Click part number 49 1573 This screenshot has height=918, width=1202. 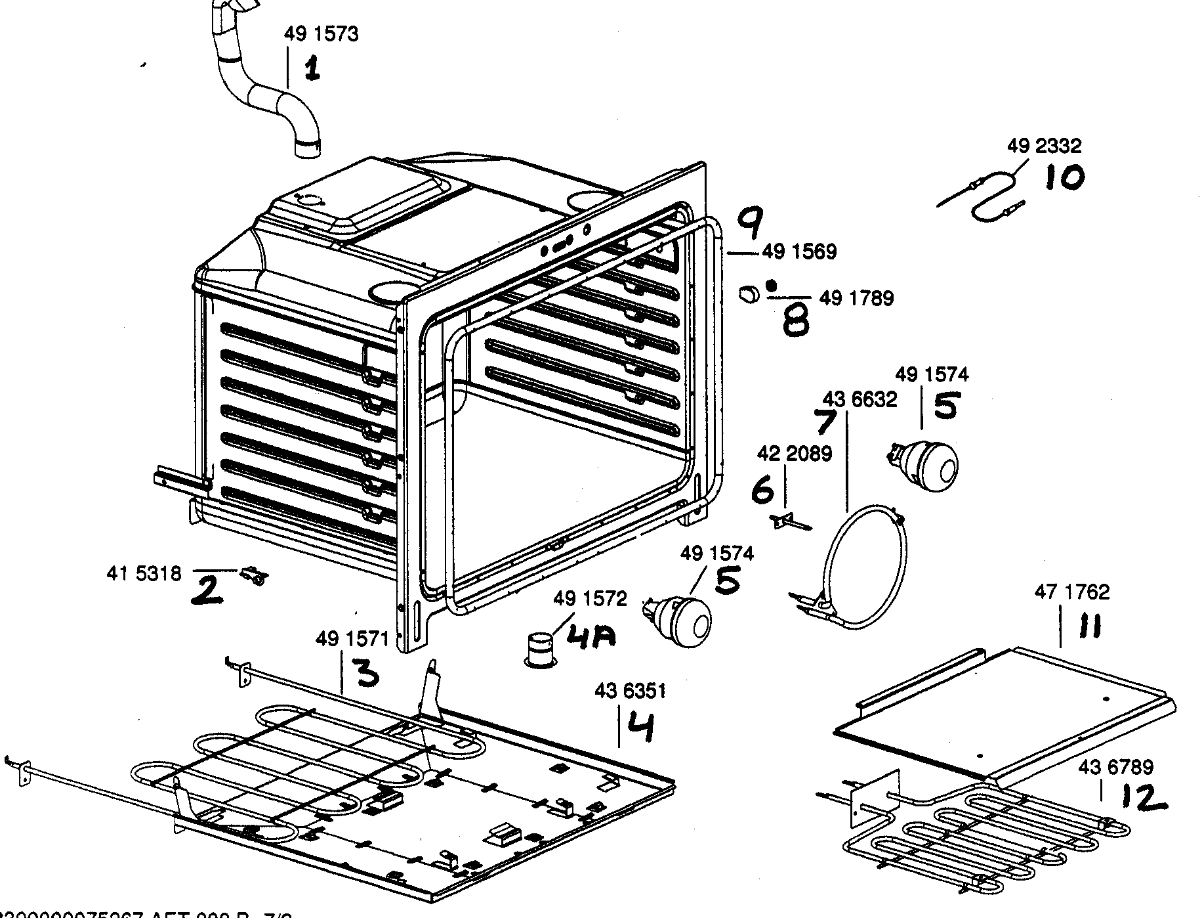click(x=321, y=34)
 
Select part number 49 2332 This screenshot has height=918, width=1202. click(x=1044, y=145)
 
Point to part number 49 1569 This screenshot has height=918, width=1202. click(x=799, y=251)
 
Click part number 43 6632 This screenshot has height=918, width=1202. click(x=860, y=399)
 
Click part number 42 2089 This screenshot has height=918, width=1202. click(x=794, y=453)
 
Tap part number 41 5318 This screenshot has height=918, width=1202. click(x=144, y=574)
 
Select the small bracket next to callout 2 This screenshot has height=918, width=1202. click(x=255, y=576)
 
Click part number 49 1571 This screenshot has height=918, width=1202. click(x=352, y=638)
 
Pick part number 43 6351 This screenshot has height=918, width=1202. click(x=630, y=691)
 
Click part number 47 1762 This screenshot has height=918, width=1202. click(x=1071, y=592)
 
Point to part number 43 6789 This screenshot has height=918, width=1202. click(x=1115, y=766)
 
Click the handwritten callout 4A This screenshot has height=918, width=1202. click(x=590, y=638)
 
